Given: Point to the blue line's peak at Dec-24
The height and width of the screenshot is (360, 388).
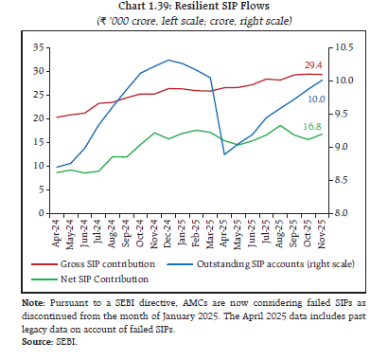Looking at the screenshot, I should (168, 60).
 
